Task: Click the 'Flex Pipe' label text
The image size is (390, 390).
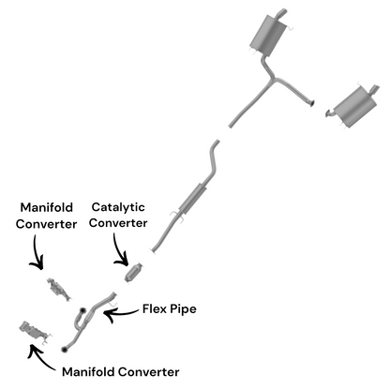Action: click(x=170, y=309)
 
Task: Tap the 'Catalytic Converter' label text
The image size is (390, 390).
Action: click(x=118, y=215)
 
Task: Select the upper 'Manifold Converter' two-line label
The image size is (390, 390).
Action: click(x=46, y=216)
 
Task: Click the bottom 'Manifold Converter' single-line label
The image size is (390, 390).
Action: click(x=121, y=372)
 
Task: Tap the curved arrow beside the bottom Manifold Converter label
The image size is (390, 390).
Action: click(x=39, y=359)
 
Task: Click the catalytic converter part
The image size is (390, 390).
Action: click(x=134, y=273)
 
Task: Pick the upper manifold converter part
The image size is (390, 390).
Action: click(x=59, y=290)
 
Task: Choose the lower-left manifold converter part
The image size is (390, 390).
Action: click(x=34, y=332)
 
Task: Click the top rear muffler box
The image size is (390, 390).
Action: click(x=268, y=35)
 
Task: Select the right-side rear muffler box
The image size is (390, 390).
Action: click(x=355, y=106)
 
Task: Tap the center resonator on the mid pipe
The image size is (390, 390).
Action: click(x=192, y=199)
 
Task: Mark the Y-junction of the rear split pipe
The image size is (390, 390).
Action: click(x=273, y=78)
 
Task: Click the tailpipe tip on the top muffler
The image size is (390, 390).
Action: click(x=282, y=13)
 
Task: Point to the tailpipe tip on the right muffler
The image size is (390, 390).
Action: click(x=375, y=89)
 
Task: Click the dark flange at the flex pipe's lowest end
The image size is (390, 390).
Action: click(x=65, y=349)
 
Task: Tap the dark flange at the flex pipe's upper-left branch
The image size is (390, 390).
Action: click(x=82, y=310)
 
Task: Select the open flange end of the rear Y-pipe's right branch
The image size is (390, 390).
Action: click(x=312, y=103)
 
